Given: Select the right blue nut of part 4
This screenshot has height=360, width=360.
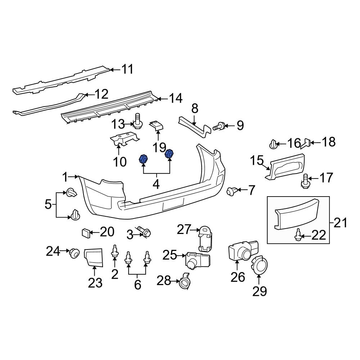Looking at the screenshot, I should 169,154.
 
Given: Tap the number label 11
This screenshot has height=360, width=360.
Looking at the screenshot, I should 126,69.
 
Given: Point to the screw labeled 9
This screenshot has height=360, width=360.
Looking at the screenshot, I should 219,126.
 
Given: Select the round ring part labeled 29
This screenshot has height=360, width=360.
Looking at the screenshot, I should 259,267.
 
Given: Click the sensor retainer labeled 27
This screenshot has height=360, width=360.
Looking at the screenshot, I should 206,238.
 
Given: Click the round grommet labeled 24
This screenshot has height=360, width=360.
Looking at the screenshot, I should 74,253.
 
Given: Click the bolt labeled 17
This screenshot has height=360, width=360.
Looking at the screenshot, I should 305,181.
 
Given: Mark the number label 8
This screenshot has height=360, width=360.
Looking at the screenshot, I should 194,108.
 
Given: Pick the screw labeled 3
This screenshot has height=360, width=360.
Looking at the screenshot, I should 145,232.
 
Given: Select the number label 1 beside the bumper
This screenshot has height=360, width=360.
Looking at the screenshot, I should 65,177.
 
